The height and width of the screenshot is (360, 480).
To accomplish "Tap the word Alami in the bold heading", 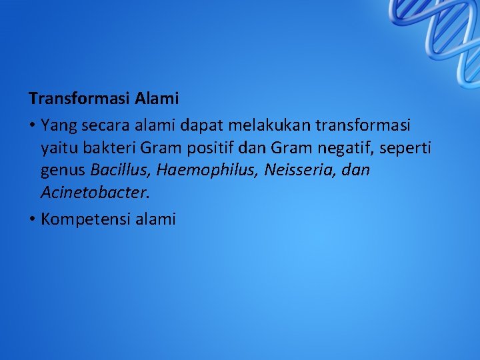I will pos(157,99).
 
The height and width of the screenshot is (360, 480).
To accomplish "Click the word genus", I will pos(63,171).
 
